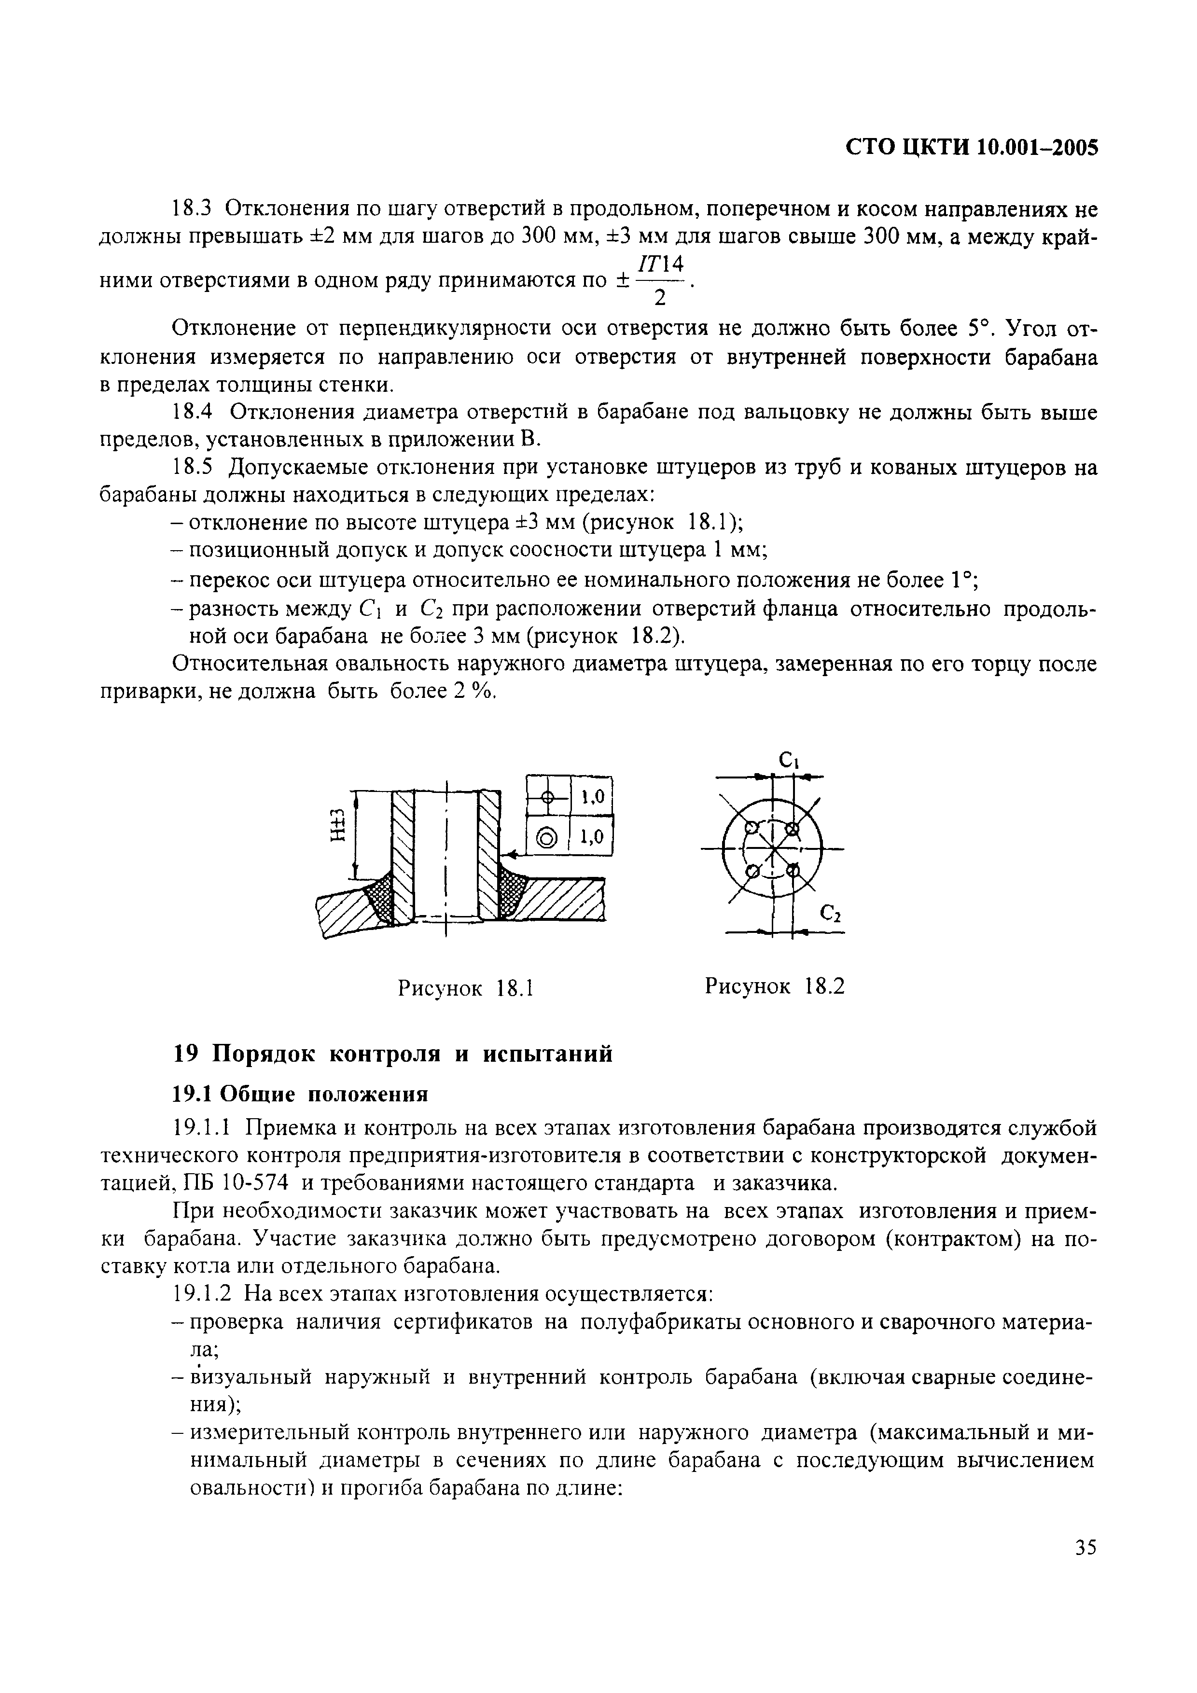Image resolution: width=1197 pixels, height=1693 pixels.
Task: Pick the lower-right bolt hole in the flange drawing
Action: click(793, 871)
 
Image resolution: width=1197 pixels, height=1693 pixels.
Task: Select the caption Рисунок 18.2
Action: click(774, 986)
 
